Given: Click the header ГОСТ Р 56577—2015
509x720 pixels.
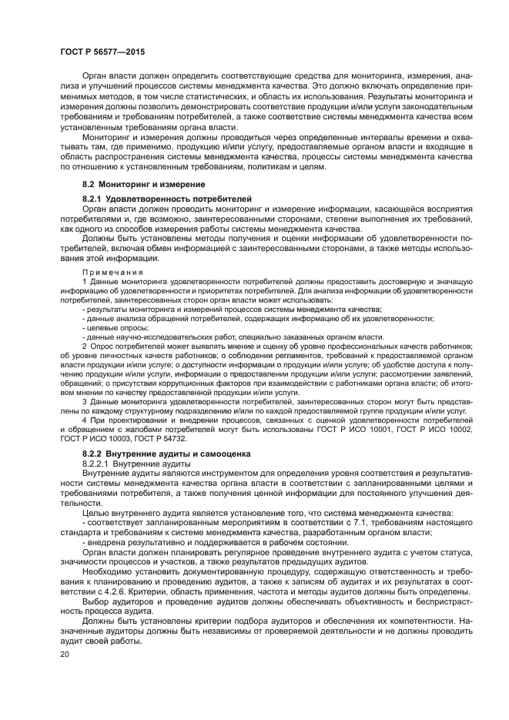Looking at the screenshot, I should click(102, 52).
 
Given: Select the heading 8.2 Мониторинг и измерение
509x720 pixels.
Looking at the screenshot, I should click(132, 184).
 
